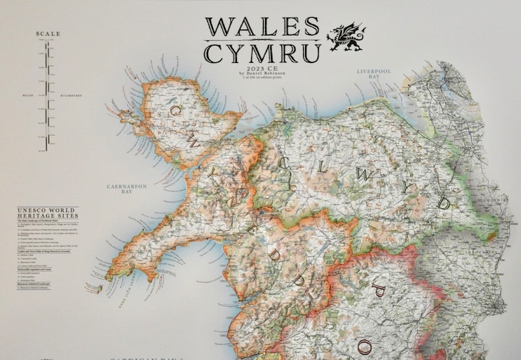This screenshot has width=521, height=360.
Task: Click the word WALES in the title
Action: [x=262, y=26]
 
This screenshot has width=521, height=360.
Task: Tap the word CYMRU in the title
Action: [x=262, y=52]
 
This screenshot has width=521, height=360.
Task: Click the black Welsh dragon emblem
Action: [x=346, y=38]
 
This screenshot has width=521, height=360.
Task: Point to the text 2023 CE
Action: [x=262, y=68]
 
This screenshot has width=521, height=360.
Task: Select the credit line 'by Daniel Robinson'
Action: [x=262, y=73]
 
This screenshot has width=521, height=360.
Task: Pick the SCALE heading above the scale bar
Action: [x=48, y=34]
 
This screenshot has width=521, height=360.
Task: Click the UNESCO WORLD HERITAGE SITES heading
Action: [x=47, y=214]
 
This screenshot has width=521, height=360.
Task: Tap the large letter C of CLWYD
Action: [x=284, y=162]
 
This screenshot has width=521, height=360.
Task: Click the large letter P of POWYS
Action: [x=379, y=289]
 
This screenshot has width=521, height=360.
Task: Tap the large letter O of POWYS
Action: [x=365, y=345]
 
